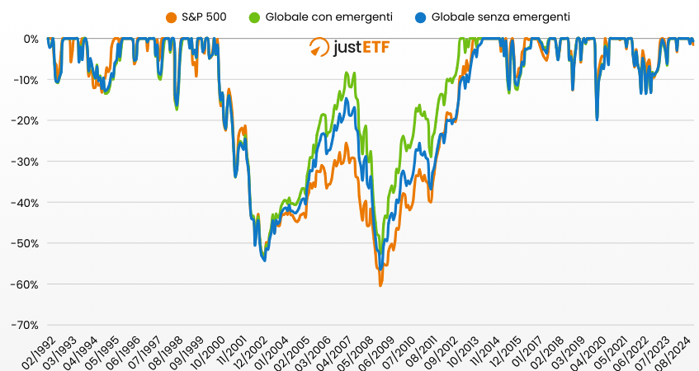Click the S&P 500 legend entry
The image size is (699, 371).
(203, 16)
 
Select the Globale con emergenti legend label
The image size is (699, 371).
(328, 16)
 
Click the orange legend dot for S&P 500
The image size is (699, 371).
(172, 16)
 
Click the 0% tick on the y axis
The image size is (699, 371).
(31, 39)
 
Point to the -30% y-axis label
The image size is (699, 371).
(27, 162)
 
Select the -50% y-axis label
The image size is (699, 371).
(27, 243)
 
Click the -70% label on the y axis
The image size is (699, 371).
(27, 325)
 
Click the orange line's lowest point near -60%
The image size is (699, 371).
(380, 284)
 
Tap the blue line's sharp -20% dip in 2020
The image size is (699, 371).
(597, 120)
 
